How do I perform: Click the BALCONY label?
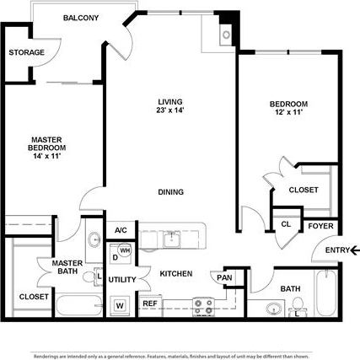coord(80,18)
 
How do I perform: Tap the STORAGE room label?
coord(26,53)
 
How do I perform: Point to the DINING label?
coord(170,192)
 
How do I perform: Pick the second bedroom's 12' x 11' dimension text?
coord(288,112)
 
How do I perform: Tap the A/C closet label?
coord(121,230)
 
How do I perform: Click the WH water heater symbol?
coord(125,250)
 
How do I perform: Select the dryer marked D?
coord(115,257)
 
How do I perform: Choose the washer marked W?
coord(120,304)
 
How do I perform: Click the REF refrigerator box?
coord(150,304)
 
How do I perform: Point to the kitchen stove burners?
coord(203,305)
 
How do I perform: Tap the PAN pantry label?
coord(224,277)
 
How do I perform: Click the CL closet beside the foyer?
coord(286,224)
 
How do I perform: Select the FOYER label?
coord(320,226)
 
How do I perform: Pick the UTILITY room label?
coord(122,279)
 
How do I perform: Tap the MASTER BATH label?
coord(67,267)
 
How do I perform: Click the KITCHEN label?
coord(176,273)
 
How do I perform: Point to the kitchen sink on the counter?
coord(173,237)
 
